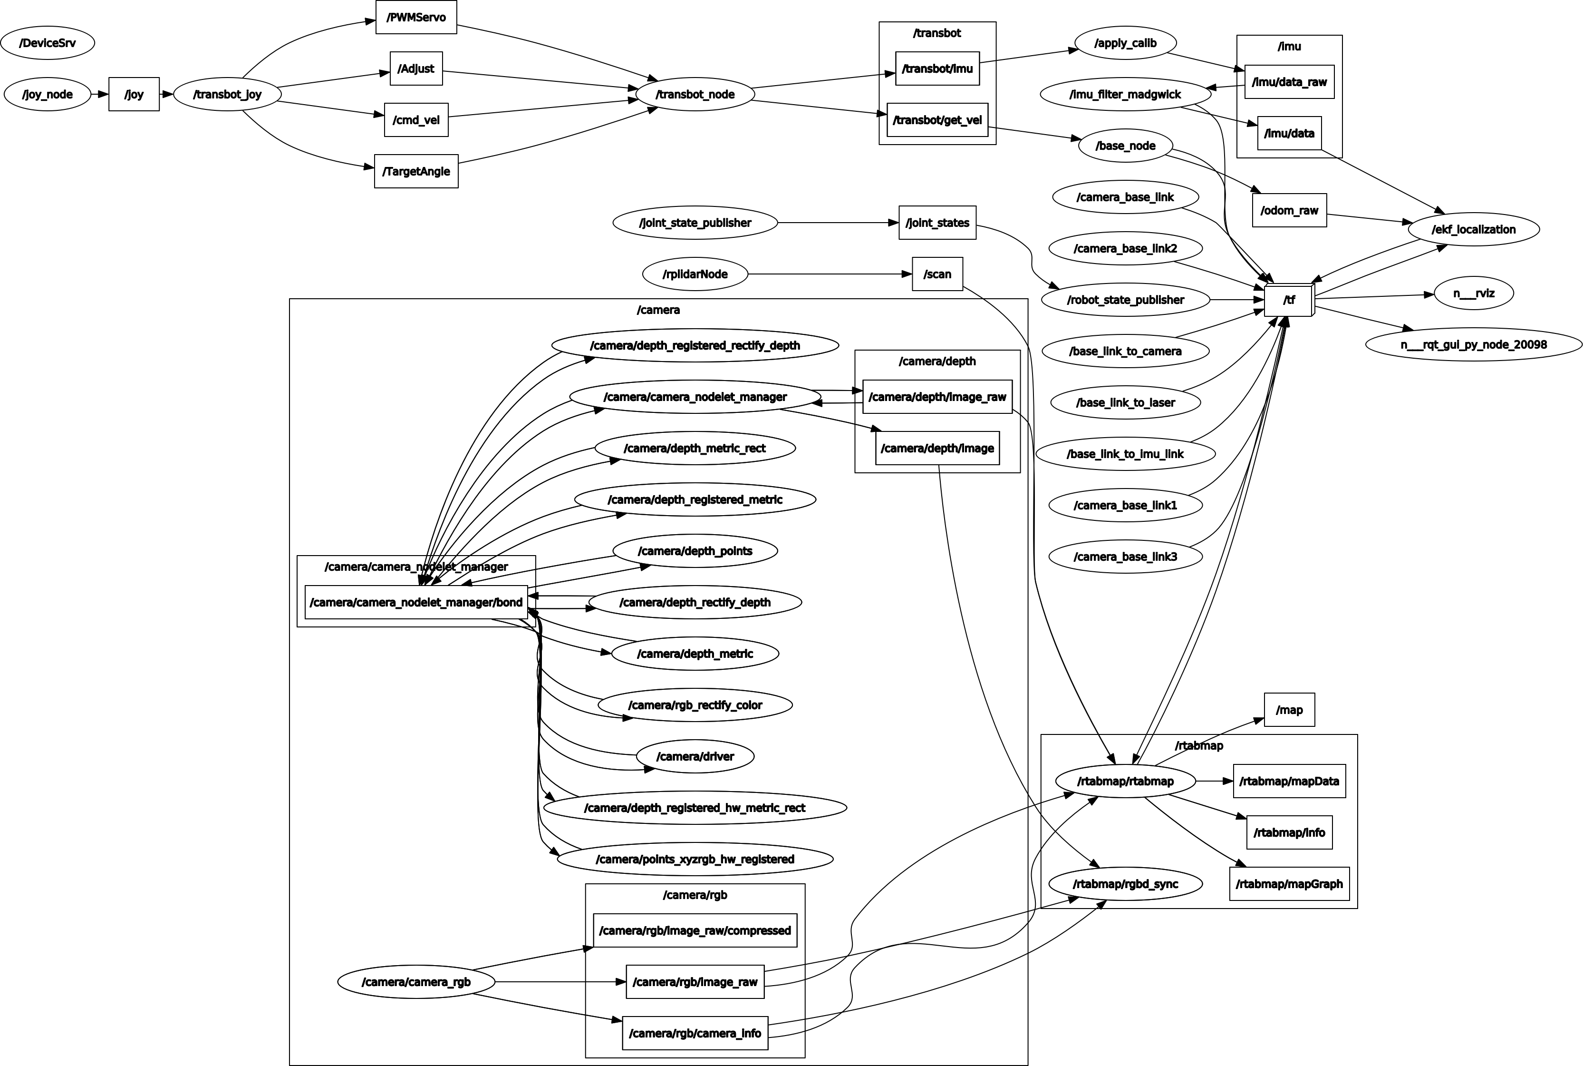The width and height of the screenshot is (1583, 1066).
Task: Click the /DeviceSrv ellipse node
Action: (x=48, y=43)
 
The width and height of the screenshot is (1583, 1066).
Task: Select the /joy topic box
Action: (x=134, y=94)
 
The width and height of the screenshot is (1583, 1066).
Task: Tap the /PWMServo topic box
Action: (x=416, y=17)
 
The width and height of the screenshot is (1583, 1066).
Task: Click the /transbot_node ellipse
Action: (x=695, y=94)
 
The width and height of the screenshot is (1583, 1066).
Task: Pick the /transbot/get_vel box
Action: (x=937, y=120)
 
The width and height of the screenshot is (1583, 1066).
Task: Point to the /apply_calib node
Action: (x=1125, y=43)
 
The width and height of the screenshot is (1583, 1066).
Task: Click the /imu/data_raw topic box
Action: (x=1289, y=82)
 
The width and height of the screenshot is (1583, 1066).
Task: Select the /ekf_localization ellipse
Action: (x=1473, y=229)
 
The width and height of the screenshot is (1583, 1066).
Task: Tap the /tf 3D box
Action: (x=1289, y=300)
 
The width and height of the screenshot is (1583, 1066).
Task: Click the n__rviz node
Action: (x=1473, y=293)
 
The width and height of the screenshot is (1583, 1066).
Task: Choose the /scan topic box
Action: (x=937, y=274)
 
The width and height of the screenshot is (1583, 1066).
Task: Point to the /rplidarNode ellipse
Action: (x=695, y=274)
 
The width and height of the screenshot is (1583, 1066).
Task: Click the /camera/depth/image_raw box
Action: (x=937, y=396)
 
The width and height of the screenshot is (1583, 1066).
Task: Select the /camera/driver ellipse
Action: (x=695, y=756)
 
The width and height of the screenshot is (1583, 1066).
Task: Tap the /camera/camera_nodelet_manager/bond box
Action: (x=416, y=602)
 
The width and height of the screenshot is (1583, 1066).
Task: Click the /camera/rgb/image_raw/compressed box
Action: (x=695, y=930)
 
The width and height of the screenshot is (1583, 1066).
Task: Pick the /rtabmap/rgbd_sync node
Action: (x=1125, y=884)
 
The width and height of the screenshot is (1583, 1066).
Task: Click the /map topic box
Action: (x=1289, y=710)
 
